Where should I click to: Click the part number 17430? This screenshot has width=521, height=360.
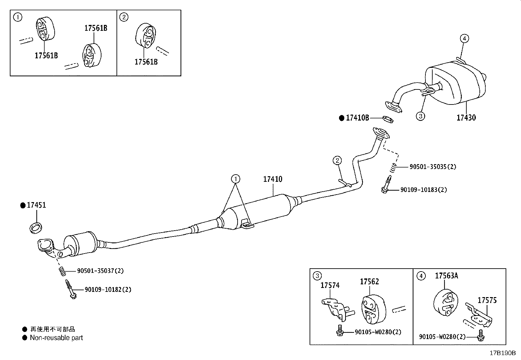(x=466, y=117)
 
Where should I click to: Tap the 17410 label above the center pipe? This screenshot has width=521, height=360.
(x=273, y=179)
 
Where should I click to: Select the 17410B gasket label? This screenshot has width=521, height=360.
(x=357, y=118)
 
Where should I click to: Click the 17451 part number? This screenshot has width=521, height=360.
(x=36, y=205)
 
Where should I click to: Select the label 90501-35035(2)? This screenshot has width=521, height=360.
(x=433, y=166)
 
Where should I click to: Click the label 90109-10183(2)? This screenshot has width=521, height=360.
(x=423, y=190)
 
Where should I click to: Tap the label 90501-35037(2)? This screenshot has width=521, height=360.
(x=100, y=271)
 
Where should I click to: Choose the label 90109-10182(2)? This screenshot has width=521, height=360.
(x=108, y=290)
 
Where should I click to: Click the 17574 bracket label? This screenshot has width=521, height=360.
(x=330, y=285)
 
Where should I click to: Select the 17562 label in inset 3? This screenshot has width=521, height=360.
(x=369, y=281)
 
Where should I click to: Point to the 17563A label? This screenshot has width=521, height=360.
(x=446, y=276)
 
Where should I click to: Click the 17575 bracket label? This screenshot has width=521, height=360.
(x=487, y=300)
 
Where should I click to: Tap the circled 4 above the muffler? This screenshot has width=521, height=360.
(x=464, y=38)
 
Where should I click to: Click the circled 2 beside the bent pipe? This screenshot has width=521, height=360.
(x=337, y=161)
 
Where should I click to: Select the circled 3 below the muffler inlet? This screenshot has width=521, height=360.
(x=421, y=116)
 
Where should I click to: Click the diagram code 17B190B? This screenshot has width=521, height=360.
(x=502, y=353)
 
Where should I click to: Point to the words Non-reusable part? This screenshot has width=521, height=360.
(x=56, y=338)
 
